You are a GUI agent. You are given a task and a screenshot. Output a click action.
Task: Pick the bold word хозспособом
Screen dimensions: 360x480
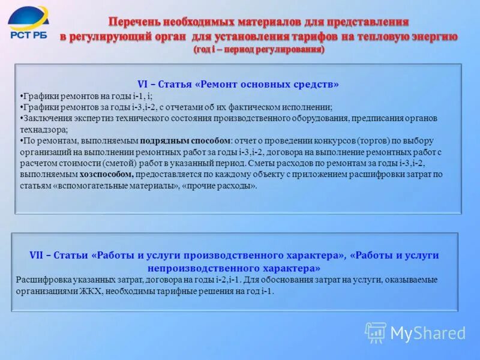107,175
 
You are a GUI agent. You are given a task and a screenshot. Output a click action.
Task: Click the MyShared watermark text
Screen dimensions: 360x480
428,333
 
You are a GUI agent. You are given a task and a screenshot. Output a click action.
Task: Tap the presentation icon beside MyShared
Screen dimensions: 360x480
376,332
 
